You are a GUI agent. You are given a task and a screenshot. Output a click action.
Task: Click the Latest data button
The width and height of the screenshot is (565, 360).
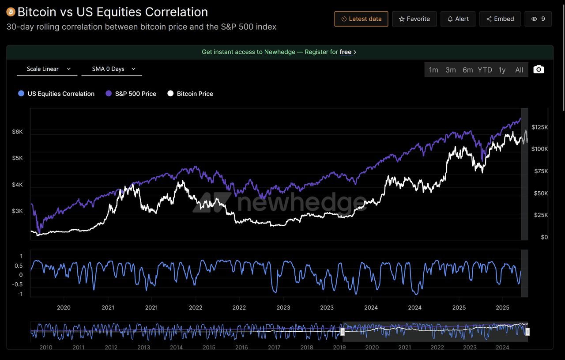[361, 19]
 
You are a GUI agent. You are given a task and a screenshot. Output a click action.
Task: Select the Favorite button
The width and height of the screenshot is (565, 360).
[414, 19]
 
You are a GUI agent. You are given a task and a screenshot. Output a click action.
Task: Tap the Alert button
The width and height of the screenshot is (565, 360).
[458, 19]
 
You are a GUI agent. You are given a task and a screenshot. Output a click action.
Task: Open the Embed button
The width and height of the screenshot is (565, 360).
[500, 19]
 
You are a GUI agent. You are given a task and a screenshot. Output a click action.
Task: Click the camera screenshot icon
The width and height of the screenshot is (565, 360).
[539, 69]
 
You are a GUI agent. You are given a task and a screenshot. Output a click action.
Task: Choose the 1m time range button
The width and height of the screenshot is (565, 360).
[433, 70]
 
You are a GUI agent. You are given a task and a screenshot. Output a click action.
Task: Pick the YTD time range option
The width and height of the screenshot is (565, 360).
[485, 70]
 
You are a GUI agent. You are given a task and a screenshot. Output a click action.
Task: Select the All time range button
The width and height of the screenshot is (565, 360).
[519, 70]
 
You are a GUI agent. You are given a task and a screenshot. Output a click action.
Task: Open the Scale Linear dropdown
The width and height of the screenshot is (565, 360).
[47, 69]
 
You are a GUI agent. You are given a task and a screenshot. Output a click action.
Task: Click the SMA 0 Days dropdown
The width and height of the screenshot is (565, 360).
[112, 69]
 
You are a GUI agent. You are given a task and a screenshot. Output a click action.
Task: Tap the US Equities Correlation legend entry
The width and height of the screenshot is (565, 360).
[56, 94]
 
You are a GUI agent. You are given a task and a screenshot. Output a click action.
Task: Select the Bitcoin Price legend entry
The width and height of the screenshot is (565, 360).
[190, 94]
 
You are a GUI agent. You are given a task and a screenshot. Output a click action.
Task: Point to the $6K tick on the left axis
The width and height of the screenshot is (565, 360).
[17, 132]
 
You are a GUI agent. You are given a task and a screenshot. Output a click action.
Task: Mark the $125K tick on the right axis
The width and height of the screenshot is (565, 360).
[539, 127]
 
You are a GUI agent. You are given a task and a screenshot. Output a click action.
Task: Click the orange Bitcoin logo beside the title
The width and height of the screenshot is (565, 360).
[11, 12]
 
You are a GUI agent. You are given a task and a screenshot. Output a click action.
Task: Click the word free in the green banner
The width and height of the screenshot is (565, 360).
[346, 52]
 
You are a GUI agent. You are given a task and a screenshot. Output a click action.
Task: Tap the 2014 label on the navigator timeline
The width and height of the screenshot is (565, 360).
[176, 348]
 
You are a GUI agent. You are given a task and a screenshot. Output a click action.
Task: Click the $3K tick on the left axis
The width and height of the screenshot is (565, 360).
[17, 211]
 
